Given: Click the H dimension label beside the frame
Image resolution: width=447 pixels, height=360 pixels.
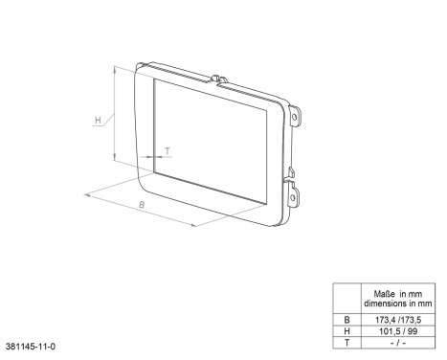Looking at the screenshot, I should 99,121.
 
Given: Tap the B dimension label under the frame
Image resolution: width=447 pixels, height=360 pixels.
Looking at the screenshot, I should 142,206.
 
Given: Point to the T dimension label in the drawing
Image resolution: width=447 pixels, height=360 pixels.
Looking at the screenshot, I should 168,151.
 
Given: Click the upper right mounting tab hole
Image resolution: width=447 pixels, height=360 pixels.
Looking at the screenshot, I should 296,119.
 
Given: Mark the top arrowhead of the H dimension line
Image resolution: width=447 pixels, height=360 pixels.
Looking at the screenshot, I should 114,68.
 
